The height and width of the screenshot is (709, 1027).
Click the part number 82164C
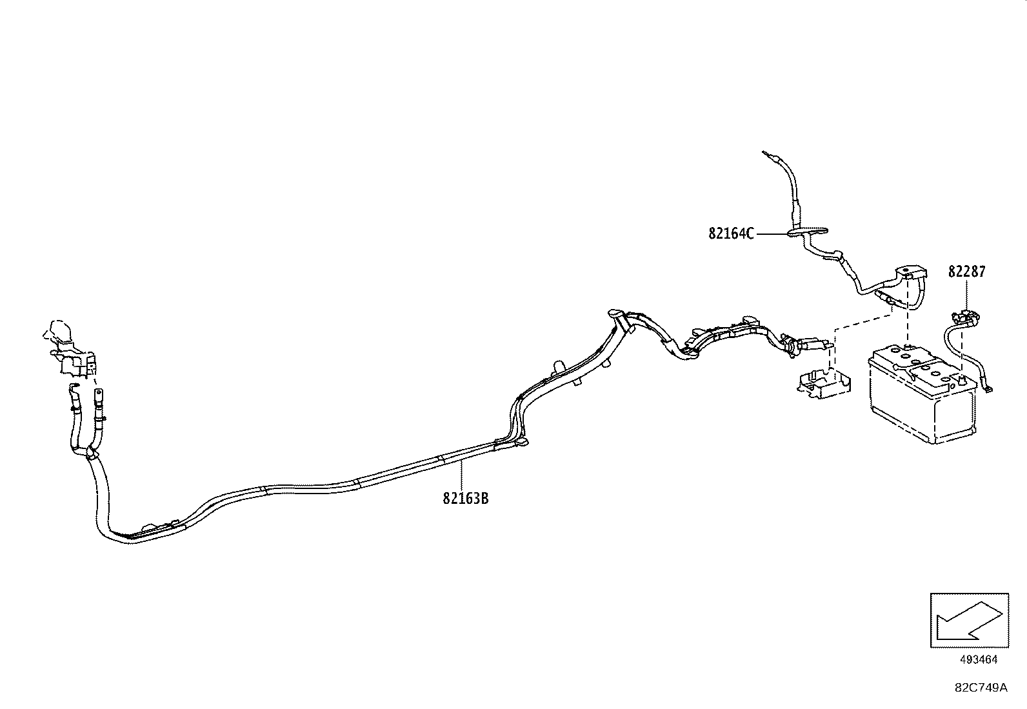(731, 234)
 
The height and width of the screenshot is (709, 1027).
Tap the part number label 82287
(966, 272)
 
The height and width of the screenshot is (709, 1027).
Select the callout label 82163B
(465, 498)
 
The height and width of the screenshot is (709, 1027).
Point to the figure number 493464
(979, 659)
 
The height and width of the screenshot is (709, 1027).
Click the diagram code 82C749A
(981, 688)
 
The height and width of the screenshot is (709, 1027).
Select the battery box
(922, 394)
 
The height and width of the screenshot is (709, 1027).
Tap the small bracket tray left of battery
(823, 383)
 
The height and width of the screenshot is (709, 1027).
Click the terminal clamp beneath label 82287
(966, 317)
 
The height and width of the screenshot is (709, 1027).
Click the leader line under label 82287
(966, 294)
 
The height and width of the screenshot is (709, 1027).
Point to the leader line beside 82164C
(772, 234)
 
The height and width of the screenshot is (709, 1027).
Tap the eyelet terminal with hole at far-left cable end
(97, 394)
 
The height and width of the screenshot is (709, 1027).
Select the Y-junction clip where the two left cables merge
(90, 454)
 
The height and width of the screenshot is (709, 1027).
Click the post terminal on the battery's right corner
(962, 379)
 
